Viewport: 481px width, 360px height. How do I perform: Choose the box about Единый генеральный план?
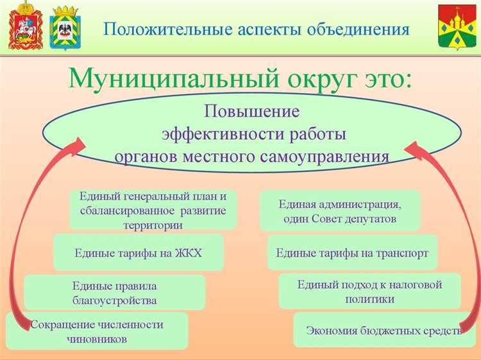(153, 210)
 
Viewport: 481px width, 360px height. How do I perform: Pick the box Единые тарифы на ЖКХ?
(138, 252)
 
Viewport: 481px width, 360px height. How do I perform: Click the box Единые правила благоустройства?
(114, 293)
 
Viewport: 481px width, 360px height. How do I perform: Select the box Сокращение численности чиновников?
(97, 331)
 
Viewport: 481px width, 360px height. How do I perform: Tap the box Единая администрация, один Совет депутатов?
(340, 211)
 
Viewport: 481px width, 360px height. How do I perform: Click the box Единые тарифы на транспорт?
(351, 252)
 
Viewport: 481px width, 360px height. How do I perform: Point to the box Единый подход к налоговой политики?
(369, 291)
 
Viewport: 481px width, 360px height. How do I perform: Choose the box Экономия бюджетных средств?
(383, 330)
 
